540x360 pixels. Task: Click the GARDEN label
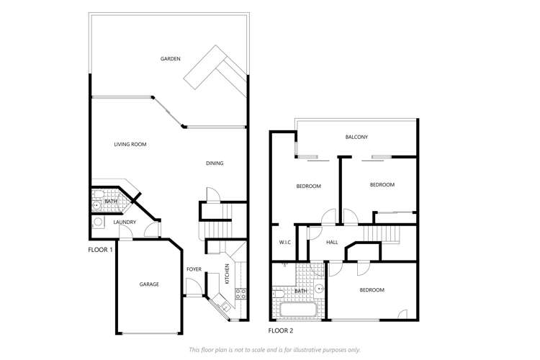tap(170, 59)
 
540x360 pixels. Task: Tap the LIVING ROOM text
tap(130, 145)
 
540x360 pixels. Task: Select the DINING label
tap(215, 163)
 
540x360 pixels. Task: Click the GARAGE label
tap(149, 284)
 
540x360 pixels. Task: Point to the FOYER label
tap(194, 270)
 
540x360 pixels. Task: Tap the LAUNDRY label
tap(125, 222)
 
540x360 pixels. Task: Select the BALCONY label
tap(356, 138)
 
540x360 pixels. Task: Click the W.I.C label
tap(285, 243)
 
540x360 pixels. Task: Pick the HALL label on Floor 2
tap(332, 243)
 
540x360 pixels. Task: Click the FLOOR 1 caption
tap(101, 250)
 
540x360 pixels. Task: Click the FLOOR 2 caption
tap(282, 330)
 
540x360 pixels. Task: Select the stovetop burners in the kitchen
tap(242, 293)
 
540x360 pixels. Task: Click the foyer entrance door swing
tap(192, 287)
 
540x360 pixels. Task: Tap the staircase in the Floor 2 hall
tap(379, 235)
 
